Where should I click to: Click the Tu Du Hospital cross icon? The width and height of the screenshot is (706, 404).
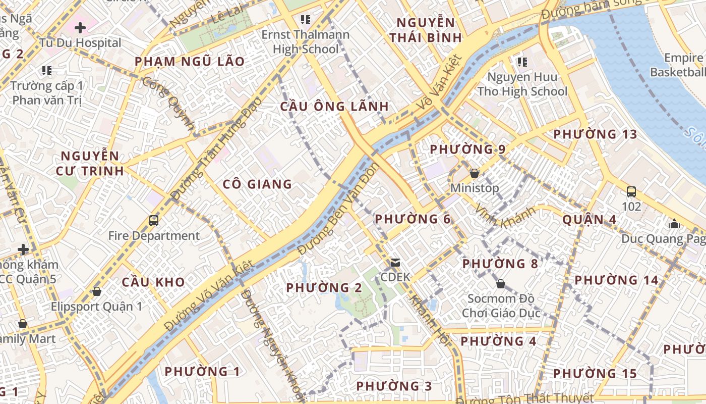click(x=80, y=27)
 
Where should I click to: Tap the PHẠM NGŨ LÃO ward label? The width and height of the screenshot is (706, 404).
click(x=190, y=62)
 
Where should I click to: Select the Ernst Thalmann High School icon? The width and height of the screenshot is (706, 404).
click(x=305, y=20)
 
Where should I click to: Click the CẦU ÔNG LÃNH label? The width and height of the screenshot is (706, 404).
click(x=334, y=107)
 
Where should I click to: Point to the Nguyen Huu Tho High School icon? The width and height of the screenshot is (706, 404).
click(x=522, y=62)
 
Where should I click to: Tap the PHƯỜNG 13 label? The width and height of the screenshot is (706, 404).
click(x=595, y=134)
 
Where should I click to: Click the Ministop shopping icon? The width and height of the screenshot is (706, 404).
click(x=474, y=173)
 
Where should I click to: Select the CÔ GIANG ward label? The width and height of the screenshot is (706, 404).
click(x=257, y=184)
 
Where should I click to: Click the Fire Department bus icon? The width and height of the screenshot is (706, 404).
click(x=154, y=221)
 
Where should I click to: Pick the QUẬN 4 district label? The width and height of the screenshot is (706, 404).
click(x=590, y=220)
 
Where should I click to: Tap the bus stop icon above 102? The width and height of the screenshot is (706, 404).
click(x=631, y=192)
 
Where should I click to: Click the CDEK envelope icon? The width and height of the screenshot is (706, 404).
click(x=395, y=263)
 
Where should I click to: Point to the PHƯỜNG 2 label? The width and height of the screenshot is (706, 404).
click(x=324, y=288)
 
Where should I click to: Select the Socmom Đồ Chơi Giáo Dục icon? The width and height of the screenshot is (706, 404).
click(x=500, y=284)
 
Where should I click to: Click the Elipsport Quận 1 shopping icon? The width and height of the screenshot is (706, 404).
click(x=96, y=291)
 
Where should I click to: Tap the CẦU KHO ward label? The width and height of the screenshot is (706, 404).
click(x=153, y=282)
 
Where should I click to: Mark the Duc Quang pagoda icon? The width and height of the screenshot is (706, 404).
click(x=674, y=224)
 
